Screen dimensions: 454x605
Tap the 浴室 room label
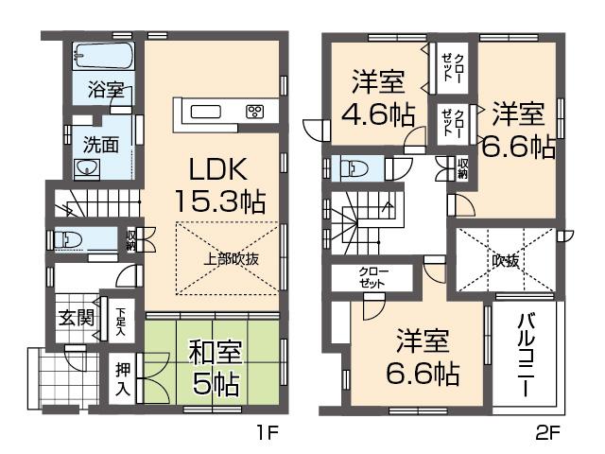106,91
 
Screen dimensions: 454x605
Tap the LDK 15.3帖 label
218,185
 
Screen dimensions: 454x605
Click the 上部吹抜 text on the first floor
228,257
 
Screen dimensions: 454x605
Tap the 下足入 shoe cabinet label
121,313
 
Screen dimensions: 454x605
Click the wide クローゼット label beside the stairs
371,278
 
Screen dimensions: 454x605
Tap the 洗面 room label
99,146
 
